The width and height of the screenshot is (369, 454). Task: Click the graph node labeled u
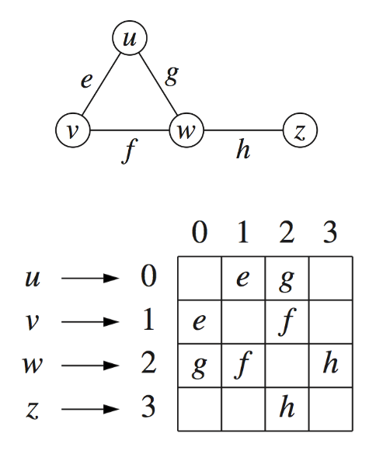(130, 38)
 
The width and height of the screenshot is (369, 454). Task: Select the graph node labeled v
(73, 130)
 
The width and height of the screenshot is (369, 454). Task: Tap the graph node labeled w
(186, 130)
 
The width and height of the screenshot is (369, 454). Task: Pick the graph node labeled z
(301, 130)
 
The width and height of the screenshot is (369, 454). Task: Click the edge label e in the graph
(86, 81)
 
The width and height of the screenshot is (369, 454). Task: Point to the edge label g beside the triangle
(172, 76)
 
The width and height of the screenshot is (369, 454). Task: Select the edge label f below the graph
(129, 151)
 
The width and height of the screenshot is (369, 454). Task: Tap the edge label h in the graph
(243, 148)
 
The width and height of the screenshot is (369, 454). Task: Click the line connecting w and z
(243, 130)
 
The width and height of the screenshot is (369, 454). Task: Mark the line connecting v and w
(130, 130)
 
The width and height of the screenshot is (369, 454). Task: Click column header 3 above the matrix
(330, 231)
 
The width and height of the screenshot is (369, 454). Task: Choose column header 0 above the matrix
(200, 231)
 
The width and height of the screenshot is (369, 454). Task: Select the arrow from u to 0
(90, 279)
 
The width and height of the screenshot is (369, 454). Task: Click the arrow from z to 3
(90, 409)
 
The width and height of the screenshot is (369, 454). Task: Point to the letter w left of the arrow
(32, 366)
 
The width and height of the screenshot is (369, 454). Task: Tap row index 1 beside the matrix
(148, 320)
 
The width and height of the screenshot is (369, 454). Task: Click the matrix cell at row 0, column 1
(243, 279)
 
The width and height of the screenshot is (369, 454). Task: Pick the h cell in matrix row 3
(287, 410)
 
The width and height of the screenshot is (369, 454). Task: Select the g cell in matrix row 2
(200, 366)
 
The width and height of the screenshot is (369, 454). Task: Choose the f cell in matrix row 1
(287, 322)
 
